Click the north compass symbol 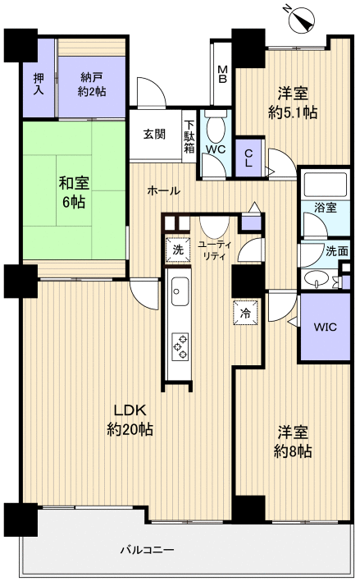point(301,19)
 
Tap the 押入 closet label point(39,84)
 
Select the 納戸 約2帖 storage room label point(92,85)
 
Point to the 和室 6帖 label point(74,193)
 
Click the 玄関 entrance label point(154,135)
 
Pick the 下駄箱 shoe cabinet point(189,136)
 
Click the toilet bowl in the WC point(216,128)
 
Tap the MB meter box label point(222,74)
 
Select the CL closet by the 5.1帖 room point(248,158)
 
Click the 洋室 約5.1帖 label point(293,102)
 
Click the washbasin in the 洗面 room point(317,278)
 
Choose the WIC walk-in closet point(325,327)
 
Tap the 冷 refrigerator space point(246,313)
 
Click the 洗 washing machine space point(178,250)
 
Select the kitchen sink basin point(180,291)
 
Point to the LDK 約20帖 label point(130,419)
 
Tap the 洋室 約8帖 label point(293,442)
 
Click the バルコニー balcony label point(147,550)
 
